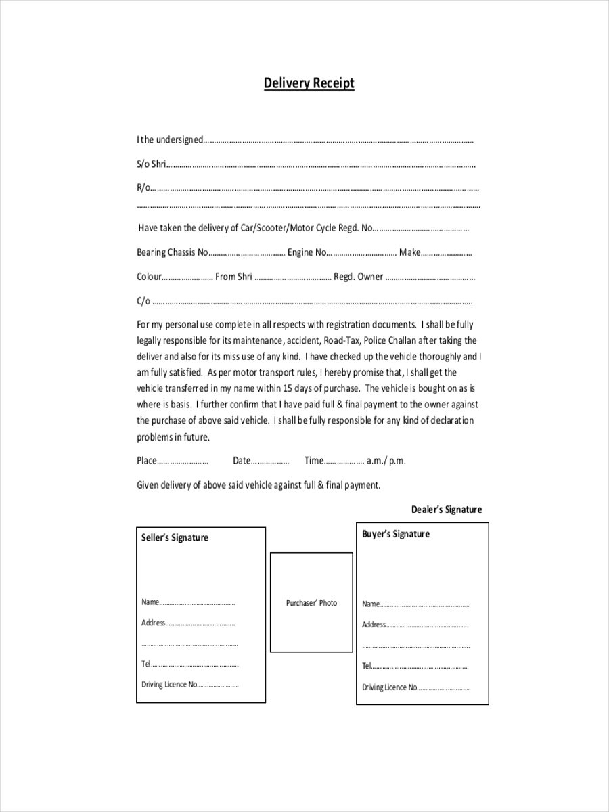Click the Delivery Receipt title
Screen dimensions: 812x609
pyautogui.click(x=309, y=83)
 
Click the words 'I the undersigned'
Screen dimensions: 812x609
pyautogui.click(x=169, y=140)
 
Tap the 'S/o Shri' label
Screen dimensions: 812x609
pyautogui.click(x=151, y=164)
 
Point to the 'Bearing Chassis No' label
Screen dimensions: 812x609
pyautogui.click(x=172, y=252)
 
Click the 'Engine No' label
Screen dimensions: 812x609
pyautogui.click(x=307, y=252)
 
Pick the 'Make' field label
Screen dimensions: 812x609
pyautogui.click(x=409, y=252)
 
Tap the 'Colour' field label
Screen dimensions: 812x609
pyautogui.click(x=149, y=277)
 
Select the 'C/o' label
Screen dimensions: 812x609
pyautogui.click(x=143, y=301)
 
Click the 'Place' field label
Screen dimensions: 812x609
pyautogui.click(x=146, y=461)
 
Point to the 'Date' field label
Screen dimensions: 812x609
pyautogui.click(x=241, y=461)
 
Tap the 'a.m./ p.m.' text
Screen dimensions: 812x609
pyautogui.click(x=386, y=461)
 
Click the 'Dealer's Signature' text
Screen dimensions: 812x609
pyautogui.click(x=446, y=510)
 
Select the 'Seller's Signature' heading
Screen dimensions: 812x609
pyautogui.click(x=175, y=538)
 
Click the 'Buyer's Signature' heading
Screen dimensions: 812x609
pyautogui.click(x=395, y=534)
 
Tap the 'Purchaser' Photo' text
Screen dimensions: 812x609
pyautogui.click(x=311, y=603)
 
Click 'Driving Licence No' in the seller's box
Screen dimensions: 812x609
pyautogui.click(x=169, y=685)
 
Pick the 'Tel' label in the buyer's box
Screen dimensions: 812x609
pyautogui.click(x=366, y=666)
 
